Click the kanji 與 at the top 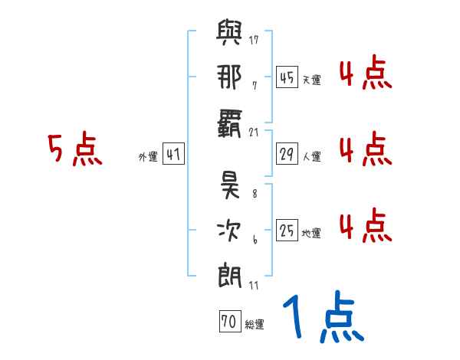click(229, 36)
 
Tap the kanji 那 click(229, 77)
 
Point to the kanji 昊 click(229, 186)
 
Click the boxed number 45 click(287, 77)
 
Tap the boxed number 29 click(287, 154)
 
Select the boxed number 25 click(287, 230)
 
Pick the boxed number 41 click(172, 155)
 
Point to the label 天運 click(311, 80)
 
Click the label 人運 click(311, 156)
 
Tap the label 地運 click(311, 232)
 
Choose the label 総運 click(255, 324)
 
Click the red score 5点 click(74, 149)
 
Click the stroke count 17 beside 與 click(254, 40)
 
